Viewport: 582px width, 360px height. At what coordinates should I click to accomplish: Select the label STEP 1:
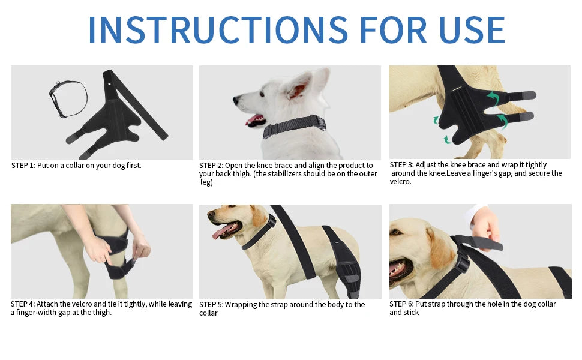coord(23,165)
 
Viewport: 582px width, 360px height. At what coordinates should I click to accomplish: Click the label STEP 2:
coord(211,165)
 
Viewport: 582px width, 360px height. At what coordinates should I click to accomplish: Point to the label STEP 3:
coord(402,164)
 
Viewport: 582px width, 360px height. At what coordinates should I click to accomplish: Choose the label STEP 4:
coord(23,304)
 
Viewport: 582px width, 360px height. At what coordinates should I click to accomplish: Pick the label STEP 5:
coord(211,305)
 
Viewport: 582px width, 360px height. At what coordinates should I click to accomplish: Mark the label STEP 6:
coord(402,304)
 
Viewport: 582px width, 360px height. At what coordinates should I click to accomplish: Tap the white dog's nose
coord(236,99)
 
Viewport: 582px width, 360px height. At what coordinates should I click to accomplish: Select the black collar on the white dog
coord(294,127)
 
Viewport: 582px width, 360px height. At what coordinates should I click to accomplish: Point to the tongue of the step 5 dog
coord(221,231)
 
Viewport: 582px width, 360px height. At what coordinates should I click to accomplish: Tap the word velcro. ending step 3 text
coord(400,182)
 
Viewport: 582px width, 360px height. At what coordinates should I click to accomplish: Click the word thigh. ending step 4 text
coord(101,313)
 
